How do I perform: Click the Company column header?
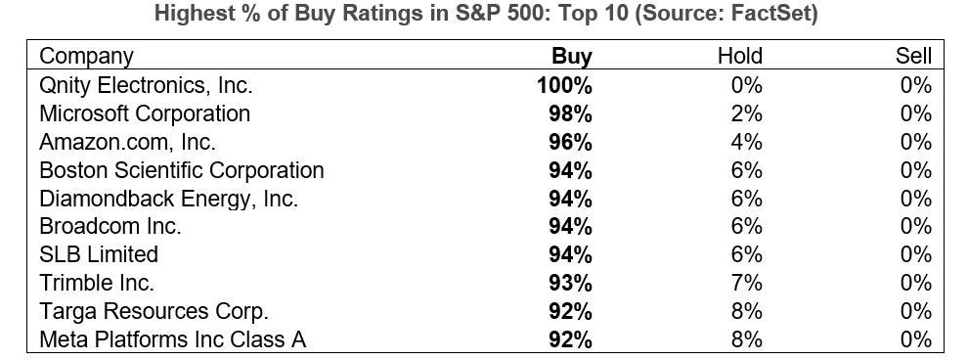(86, 57)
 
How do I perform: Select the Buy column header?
(572, 57)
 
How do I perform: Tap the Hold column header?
(739, 57)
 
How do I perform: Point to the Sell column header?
(913, 57)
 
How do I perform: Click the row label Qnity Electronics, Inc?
(146, 85)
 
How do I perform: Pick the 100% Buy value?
(564, 85)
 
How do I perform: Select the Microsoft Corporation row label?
(145, 113)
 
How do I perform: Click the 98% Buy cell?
(570, 113)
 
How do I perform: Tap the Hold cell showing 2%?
(746, 113)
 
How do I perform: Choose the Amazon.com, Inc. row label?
(127, 142)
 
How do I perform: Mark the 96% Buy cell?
(570, 142)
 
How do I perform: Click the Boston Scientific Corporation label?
(181, 170)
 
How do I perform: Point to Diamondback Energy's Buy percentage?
(570, 199)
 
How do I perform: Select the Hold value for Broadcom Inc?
(746, 226)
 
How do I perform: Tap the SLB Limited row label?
(99, 254)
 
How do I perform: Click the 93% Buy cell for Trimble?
(570, 283)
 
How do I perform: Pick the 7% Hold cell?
(746, 283)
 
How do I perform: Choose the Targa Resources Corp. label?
(154, 311)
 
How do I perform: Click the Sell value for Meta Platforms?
(916, 339)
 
